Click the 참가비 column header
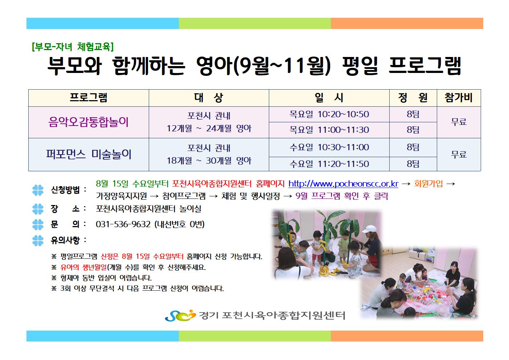459,98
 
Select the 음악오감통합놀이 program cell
89,122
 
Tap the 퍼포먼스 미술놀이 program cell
89,154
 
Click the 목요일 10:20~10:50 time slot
329,114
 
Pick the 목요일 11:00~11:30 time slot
329,130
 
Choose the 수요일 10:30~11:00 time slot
329,147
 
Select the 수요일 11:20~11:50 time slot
329,164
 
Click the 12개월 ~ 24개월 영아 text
209,128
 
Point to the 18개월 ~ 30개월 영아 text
209,161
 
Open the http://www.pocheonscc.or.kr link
343,184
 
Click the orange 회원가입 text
428,183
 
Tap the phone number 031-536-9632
123,224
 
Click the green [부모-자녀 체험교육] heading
73,47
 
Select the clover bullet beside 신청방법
38,190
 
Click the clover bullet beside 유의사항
38,241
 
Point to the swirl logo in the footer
180,315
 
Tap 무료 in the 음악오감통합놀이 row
459,122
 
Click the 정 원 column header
413,98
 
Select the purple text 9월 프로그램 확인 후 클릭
341,196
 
